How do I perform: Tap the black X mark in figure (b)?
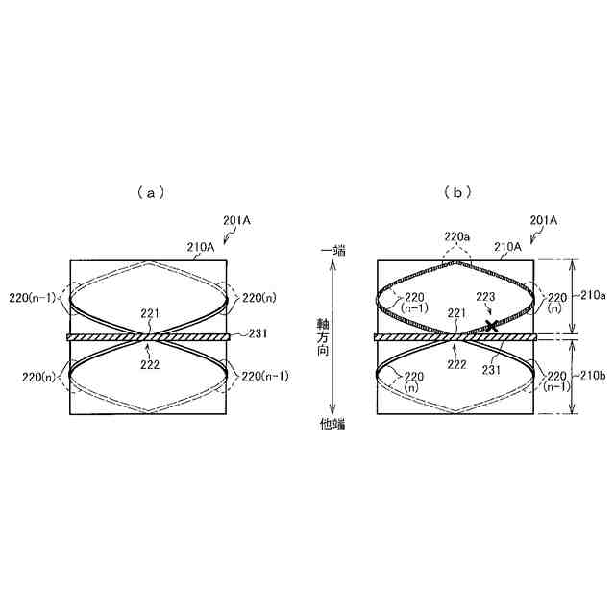492,327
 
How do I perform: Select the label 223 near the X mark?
485,298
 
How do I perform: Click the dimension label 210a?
592,297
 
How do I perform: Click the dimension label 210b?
592,376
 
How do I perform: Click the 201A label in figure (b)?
544,220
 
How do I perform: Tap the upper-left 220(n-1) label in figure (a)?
34,298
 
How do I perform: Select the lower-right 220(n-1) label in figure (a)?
263,376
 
